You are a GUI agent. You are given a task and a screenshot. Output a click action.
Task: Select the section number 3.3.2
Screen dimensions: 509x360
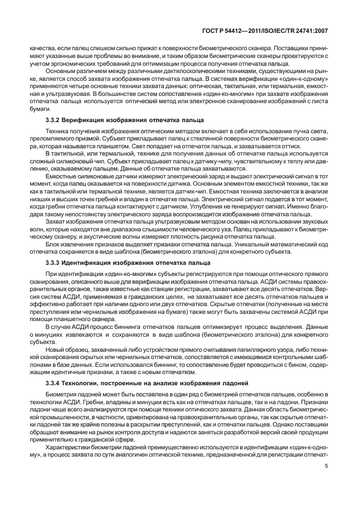coord(53,120)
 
